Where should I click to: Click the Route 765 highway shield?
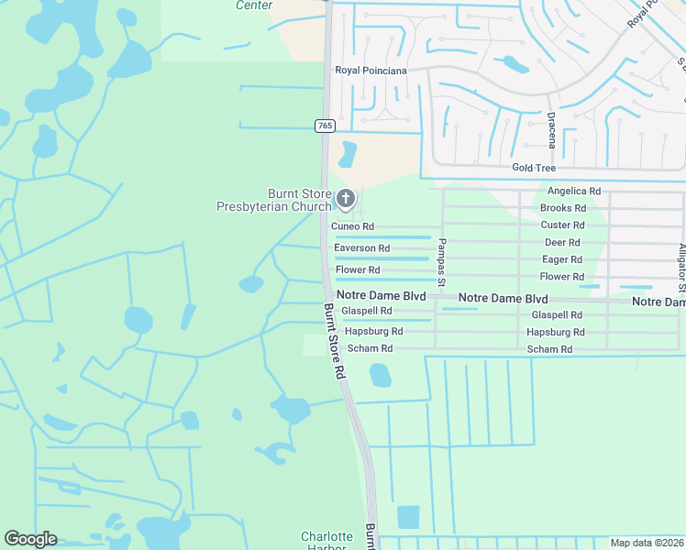[x=324, y=126]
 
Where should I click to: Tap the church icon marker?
[x=346, y=198]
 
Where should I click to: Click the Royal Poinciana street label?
[x=371, y=70]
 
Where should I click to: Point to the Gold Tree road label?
[x=534, y=168]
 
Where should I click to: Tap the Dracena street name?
[x=551, y=130]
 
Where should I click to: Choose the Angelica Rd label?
[x=573, y=192]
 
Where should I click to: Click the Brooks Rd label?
[x=562, y=208]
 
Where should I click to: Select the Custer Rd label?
[x=562, y=225]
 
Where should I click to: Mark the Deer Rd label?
[x=562, y=242]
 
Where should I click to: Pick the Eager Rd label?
[x=562, y=259]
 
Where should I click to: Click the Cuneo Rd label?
[x=352, y=226]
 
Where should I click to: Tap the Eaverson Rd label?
[x=361, y=248]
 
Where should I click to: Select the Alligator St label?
[x=681, y=261]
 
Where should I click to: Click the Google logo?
[x=30, y=539]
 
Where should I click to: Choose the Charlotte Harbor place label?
[x=326, y=540]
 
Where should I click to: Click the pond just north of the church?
[x=348, y=154]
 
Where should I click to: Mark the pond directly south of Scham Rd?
[x=380, y=374]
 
